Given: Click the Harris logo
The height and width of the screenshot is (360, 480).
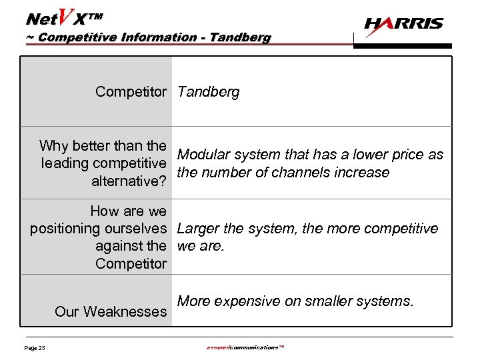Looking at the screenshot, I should (x=403, y=24).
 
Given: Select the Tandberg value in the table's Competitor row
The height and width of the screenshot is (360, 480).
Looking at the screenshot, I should (x=208, y=92).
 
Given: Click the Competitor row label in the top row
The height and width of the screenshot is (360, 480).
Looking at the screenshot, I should (x=131, y=92).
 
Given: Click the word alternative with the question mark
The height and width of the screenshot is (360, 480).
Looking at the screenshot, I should (x=129, y=181).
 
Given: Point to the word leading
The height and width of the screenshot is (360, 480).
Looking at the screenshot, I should (x=64, y=163).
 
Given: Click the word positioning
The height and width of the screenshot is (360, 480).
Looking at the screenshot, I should (x=65, y=229).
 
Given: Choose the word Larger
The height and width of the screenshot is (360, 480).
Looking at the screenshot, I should (x=199, y=229).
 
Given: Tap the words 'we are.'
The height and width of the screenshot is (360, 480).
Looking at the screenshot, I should (x=201, y=246).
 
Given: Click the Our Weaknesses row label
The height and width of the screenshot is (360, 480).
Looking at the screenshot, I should (x=111, y=311).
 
